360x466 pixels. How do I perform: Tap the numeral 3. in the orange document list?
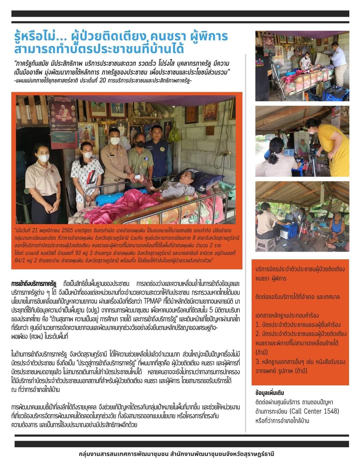(258, 362)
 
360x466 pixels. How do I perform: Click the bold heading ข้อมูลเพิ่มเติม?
(269, 393)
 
